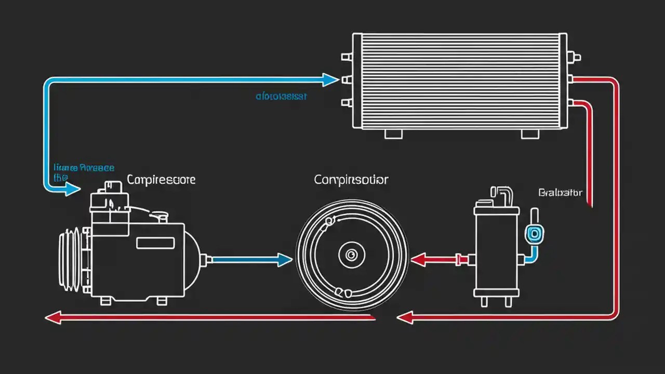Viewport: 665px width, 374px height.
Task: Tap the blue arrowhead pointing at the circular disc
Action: click(284, 260)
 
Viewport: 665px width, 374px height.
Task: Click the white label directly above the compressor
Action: click(161, 180)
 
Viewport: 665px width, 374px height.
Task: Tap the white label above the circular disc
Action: click(351, 180)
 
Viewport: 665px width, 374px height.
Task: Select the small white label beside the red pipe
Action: click(561, 193)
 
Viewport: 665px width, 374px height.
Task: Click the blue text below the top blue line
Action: click(282, 96)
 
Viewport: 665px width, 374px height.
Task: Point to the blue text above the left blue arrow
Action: click(84, 168)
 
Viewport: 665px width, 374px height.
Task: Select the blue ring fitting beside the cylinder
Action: click(533, 234)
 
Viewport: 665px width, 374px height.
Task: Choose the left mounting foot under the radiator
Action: click(393, 133)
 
